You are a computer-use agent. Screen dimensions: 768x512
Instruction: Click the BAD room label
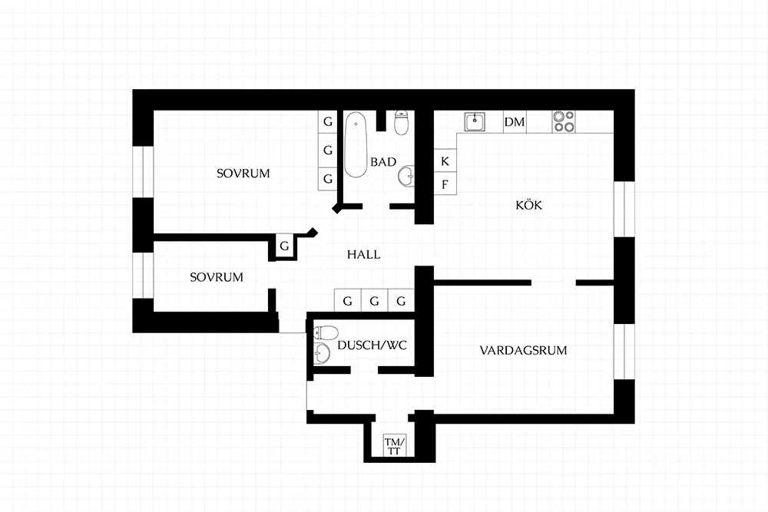[x=383, y=162]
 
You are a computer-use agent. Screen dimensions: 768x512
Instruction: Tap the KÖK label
[x=529, y=205]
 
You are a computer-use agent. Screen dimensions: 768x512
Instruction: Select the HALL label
[x=363, y=255]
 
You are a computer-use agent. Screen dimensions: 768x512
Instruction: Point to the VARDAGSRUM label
[x=523, y=351]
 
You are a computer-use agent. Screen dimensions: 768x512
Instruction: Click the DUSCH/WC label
[x=372, y=345]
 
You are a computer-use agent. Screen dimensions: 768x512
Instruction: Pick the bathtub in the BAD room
[x=356, y=145]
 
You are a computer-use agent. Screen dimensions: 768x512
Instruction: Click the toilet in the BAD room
[x=402, y=122]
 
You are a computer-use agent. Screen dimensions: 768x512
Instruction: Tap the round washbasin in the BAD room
[x=406, y=177]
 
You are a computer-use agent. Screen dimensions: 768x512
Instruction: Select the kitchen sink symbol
[x=475, y=122]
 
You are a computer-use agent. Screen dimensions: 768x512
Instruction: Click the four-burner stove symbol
[x=564, y=122]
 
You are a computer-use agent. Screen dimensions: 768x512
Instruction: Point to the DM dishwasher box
[x=515, y=122]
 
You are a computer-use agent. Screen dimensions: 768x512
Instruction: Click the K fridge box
[x=445, y=160]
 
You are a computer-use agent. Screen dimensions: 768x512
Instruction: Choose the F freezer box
[x=445, y=183]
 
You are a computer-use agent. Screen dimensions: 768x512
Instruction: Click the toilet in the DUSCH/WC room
[x=325, y=333]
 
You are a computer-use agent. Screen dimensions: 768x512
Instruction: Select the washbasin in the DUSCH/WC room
[x=322, y=353]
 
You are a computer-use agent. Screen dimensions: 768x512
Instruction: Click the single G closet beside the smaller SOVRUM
[x=285, y=246]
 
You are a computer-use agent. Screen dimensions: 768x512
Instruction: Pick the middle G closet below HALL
[x=374, y=301]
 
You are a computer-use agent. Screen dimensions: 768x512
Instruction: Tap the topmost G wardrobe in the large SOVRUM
[x=328, y=122]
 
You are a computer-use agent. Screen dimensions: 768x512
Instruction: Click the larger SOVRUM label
[x=243, y=173]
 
